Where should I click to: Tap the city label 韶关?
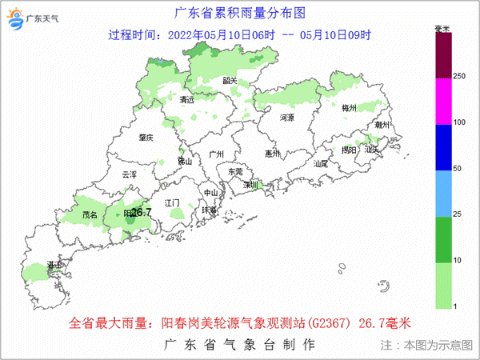(x=230, y=81)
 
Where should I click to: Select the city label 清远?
(x=187, y=101)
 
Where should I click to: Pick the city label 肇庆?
(x=144, y=137)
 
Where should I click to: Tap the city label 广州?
(x=214, y=154)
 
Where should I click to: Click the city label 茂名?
(x=90, y=214)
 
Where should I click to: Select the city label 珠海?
(x=209, y=210)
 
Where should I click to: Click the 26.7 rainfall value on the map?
(x=141, y=212)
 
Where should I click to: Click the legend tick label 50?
(x=458, y=170)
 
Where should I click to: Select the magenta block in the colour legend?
(x=444, y=102)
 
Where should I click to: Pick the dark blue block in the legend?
(x=444, y=148)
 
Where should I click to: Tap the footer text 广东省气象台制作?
(x=239, y=344)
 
